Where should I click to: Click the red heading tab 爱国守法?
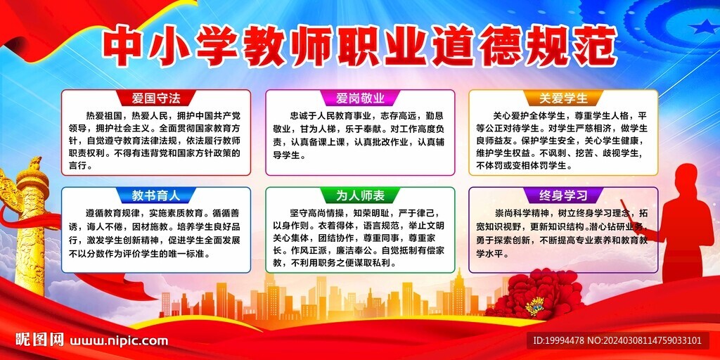coord(156,98)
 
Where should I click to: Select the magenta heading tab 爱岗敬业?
coord(360,98)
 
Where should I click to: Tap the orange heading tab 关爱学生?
coord(563,98)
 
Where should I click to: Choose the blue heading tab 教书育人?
coord(156,195)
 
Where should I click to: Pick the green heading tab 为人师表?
coord(360,195)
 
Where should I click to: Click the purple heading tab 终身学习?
coord(563,195)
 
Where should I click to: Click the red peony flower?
coord(534,295)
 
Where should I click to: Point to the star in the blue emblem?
coord(703,27)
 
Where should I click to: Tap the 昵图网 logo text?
coord(39,340)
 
